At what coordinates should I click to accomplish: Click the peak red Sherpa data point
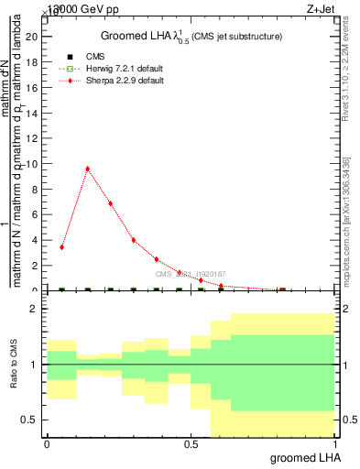tap(87, 169)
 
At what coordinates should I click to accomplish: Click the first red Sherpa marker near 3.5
tap(61, 247)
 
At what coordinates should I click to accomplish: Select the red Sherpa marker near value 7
tap(110, 203)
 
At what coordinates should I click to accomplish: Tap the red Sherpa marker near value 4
tap(134, 240)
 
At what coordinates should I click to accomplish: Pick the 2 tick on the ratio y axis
tap(36, 310)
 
